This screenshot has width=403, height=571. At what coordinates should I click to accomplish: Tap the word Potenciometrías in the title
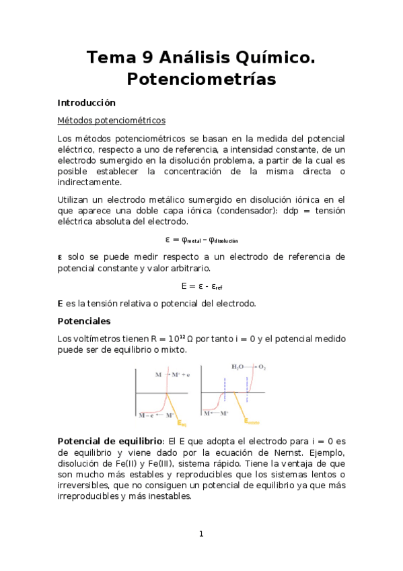coord(201,79)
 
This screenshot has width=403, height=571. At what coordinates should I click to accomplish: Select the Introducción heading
coord(87,103)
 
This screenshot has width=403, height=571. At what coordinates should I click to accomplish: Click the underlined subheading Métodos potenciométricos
coord(111,121)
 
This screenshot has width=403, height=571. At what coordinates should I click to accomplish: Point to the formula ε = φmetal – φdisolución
coord(201,240)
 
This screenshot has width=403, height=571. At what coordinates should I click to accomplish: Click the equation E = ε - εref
coord(202,285)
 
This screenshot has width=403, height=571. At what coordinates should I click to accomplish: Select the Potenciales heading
coord(84,321)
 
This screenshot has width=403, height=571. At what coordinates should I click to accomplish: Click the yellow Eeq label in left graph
coord(184,424)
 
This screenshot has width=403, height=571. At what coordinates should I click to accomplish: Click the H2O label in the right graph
coord(238,368)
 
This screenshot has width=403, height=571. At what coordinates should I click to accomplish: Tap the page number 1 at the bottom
coord(201,534)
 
